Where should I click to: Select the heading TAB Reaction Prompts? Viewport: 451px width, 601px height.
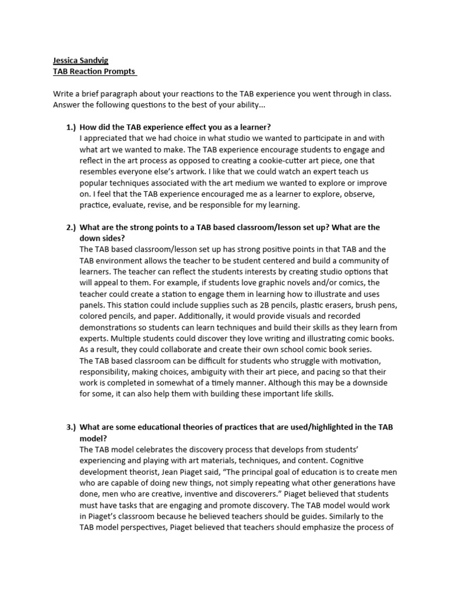coord(94,72)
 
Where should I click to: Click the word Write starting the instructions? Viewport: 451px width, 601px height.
coord(64,94)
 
